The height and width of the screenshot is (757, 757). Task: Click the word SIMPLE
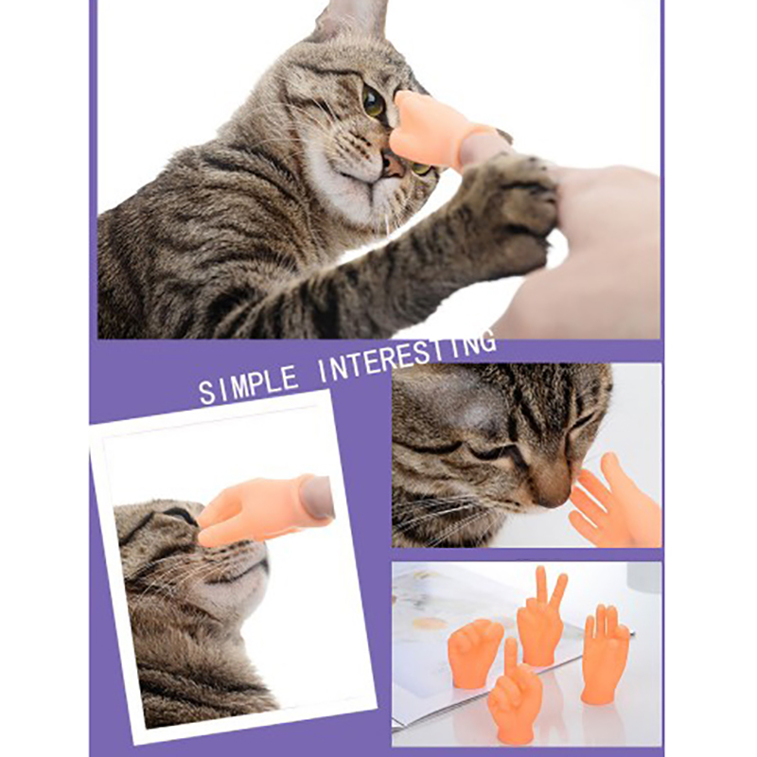tap(248, 385)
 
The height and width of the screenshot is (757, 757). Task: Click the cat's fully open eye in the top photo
tap(373, 102)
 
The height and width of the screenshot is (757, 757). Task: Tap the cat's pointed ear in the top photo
tap(351, 20)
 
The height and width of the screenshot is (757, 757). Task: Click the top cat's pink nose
tap(393, 165)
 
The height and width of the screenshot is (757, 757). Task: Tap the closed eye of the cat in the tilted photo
tap(181, 516)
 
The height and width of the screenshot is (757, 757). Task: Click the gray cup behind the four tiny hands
tap(644, 577)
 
